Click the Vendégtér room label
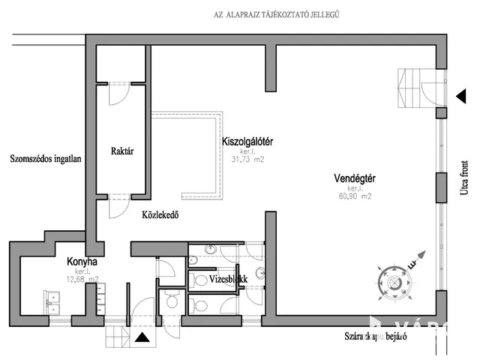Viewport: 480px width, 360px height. pyautogui.click(x=355, y=178)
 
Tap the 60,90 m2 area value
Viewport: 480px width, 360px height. pyautogui.click(x=354, y=196)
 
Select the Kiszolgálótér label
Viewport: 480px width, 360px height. pyautogui.click(x=247, y=140)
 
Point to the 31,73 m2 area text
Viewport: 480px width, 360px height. pyautogui.click(x=247, y=158)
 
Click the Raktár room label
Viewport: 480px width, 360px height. pyautogui.click(x=121, y=150)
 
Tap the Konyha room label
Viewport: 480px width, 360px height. pyautogui.click(x=81, y=262)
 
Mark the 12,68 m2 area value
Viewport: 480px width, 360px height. pyautogui.click(x=81, y=280)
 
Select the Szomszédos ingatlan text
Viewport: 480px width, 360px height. pyautogui.click(x=46, y=158)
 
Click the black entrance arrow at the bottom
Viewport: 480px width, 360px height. pyautogui.click(x=142, y=337)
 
